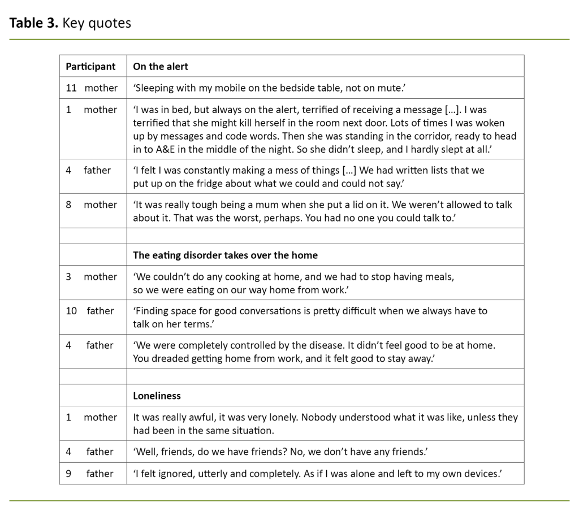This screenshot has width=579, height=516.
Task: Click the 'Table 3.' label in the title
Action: pos(34,23)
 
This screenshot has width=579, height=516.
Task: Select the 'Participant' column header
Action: pos(90,66)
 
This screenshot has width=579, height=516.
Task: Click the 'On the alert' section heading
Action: pos(161,66)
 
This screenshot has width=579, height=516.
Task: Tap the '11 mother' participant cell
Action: pos(92,88)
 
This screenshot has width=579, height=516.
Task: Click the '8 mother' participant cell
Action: pos(92,205)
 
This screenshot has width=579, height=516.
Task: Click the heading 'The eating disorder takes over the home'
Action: pos(225,255)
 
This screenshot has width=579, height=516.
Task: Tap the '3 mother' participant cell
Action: pos(92,277)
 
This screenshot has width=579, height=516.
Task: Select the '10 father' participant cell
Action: pos(92,311)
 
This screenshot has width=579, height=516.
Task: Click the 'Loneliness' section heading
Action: pos(157,396)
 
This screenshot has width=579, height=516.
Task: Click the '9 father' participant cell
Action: pos(92,474)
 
